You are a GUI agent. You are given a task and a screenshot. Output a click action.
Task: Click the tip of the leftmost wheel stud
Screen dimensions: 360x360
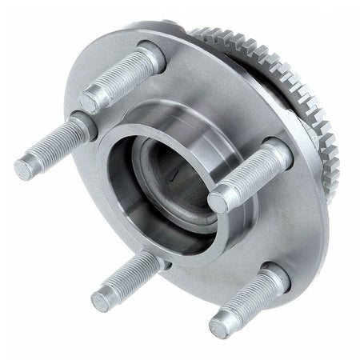click(x=23, y=168)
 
